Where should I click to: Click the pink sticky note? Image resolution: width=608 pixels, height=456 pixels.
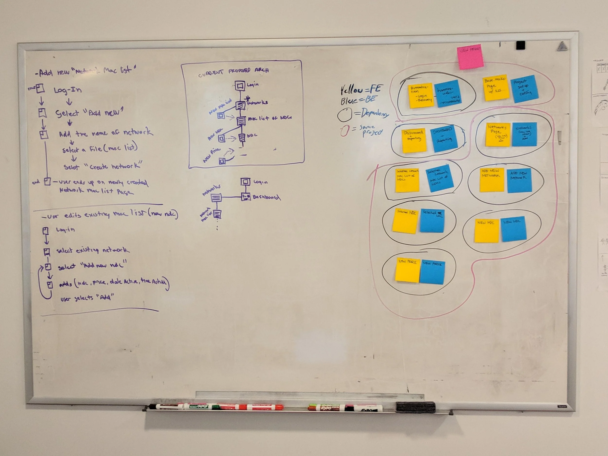click(x=470, y=57)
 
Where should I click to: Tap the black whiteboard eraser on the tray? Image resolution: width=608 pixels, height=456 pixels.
click(x=415, y=407)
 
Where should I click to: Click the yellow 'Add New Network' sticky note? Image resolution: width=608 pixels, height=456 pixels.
click(x=492, y=180)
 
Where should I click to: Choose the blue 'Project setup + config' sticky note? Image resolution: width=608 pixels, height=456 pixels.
click(x=524, y=89)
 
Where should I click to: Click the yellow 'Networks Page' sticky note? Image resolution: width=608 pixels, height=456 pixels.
click(x=498, y=134)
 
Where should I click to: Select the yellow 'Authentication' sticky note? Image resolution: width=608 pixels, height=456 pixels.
click(x=420, y=95)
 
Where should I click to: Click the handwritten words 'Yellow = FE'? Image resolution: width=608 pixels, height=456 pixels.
click(x=361, y=89)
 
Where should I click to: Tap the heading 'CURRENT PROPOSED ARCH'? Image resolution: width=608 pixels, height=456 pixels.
click(x=233, y=71)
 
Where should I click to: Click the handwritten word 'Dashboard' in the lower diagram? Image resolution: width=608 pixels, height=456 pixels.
click(x=266, y=197)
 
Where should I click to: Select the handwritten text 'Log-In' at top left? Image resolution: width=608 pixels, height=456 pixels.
click(x=68, y=89)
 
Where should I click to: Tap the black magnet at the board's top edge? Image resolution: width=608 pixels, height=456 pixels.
click(x=520, y=45)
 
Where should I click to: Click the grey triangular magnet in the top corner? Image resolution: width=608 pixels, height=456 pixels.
click(x=562, y=46)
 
